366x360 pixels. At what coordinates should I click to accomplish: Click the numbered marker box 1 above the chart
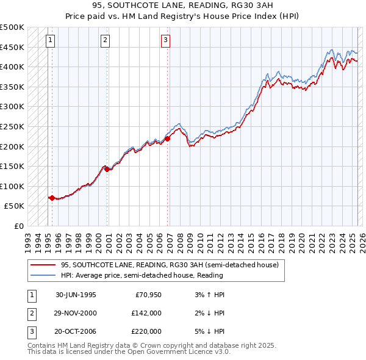coord(49,41)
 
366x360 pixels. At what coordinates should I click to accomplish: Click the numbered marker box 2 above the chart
coord(105,41)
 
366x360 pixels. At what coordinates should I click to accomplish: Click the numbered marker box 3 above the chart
coord(165,41)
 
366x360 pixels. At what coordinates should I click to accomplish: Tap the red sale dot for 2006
coord(168,139)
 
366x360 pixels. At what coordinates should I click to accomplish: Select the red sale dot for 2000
coord(107,170)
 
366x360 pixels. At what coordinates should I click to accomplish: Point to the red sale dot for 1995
coord(52,198)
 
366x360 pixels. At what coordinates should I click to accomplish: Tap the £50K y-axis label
coord(15,206)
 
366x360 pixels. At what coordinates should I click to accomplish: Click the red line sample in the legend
coord(43,265)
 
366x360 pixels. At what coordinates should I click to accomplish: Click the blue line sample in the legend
coord(43,275)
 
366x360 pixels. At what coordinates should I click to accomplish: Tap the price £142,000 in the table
coord(145,313)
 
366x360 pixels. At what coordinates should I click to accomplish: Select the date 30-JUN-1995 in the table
coord(76,295)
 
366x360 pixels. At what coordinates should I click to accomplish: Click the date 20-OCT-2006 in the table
coord(76,331)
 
